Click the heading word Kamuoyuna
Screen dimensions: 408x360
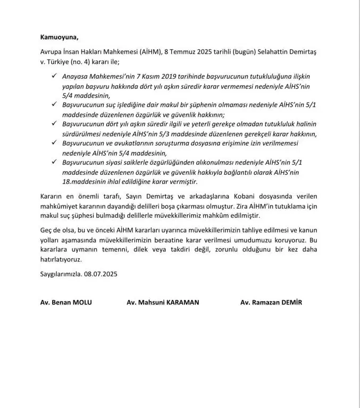click(x=58, y=38)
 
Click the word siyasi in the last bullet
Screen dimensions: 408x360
click(x=124, y=161)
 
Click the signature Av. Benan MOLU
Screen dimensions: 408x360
click(x=66, y=302)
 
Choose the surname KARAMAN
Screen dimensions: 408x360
click(x=180, y=302)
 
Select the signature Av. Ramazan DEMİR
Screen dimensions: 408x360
click(x=272, y=302)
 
